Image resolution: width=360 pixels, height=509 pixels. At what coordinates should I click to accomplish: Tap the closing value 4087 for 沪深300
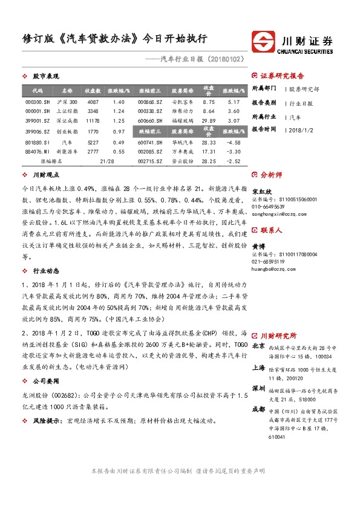[93, 102]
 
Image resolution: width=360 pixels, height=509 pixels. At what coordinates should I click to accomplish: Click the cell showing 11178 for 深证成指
[93, 121]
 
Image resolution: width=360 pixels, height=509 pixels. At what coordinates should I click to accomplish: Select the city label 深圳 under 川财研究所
[258, 387]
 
